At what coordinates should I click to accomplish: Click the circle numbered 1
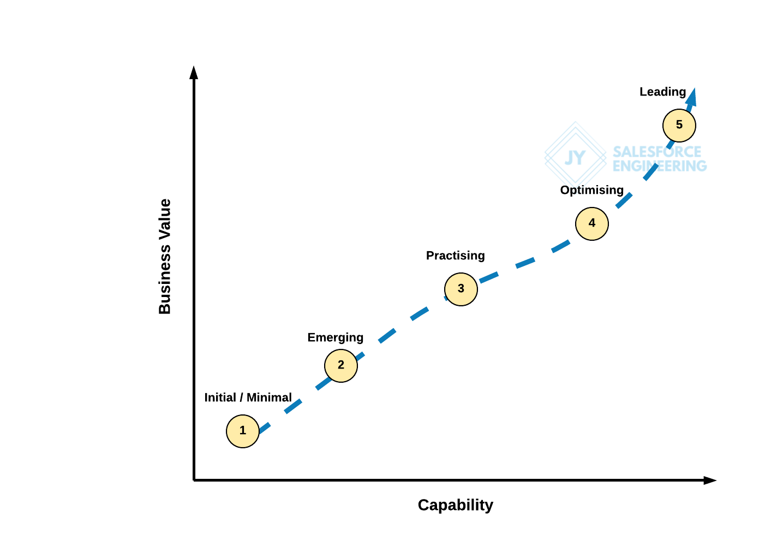pyautogui.click(x=243, y=431)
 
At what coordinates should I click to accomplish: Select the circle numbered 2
pyautogui.click(x=341, y=366)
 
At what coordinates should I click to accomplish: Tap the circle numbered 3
pyautogui.click(x=461, y=289)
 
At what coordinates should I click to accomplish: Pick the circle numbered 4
pyautogui.click(x=592, y=224)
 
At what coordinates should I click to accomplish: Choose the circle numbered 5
pyautogui.click(x=679, y=126)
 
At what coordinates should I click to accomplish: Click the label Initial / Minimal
pyautogui.click(x=248, y=397)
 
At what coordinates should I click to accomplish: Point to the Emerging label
pyautogui.click(x=335, y=337)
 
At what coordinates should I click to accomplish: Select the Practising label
pyautogui.click(x=455, y=256)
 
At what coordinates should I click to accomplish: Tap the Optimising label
pyautogui.click(x=591, y=190)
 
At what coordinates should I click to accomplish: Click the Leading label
pyautogui.click(x=662, y=92)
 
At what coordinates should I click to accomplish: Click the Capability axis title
pyautogui.click(x=455, y=505)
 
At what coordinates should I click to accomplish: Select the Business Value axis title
pyautogui.click(x=165, y=257)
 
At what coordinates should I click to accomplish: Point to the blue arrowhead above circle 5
pyautogui.click(x=692, y=97)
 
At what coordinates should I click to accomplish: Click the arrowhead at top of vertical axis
pyautogui.click(x=194, y=73)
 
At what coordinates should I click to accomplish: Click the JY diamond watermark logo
pyautogui.click(x=575, y=158)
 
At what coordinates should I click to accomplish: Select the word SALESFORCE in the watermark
pyautogui.click(x=657, y=152)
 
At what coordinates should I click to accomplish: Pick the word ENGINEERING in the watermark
pyautogui.click(x=659, y=166)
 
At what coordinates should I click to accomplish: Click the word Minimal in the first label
pyautogui.click(x=269, y=397)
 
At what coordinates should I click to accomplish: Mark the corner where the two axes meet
pyautogui.click(x=194, y=480)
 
